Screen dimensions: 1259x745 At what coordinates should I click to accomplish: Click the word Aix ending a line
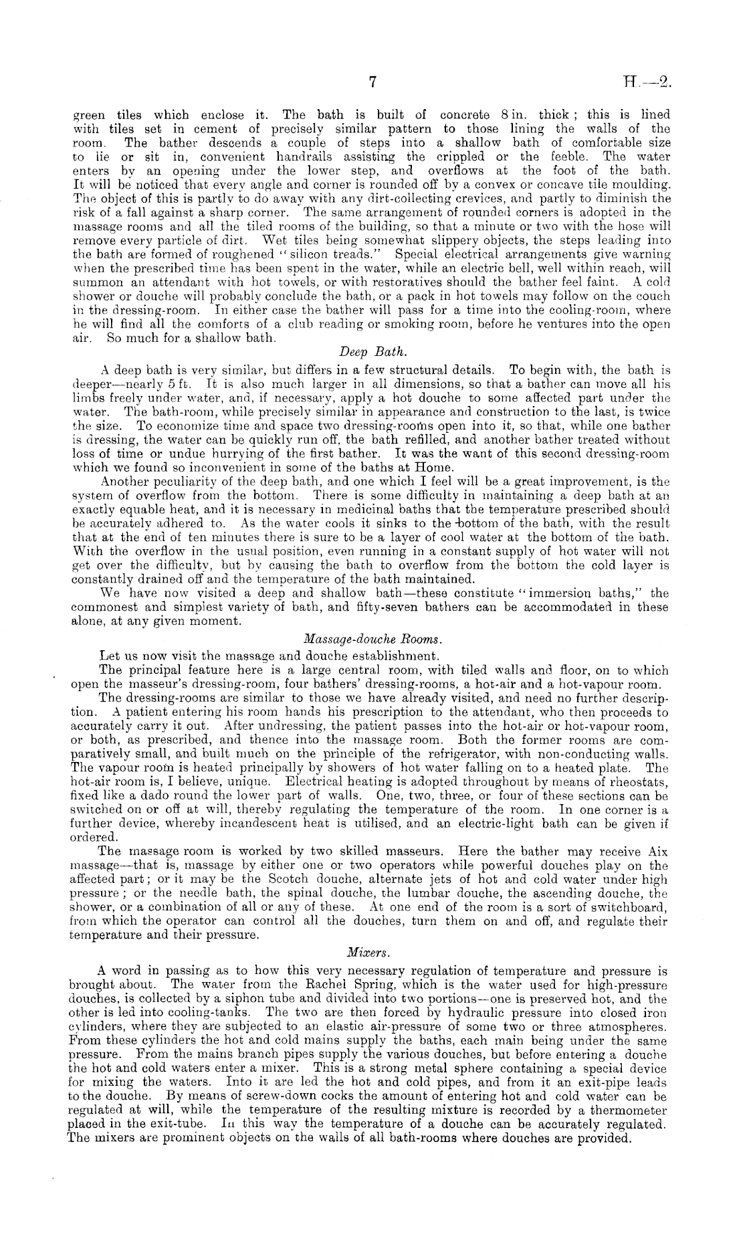coord(658,852)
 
